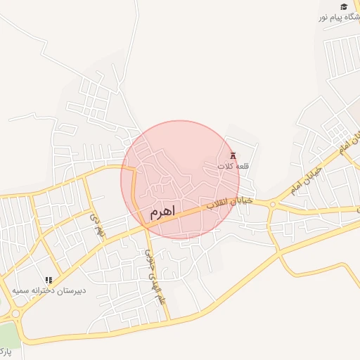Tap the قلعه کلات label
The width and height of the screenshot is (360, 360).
point(234,165)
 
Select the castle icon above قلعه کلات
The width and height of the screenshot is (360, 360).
point(234,155)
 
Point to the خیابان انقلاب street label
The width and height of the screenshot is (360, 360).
point(229,204)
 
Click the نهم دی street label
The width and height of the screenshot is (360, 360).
point(96,226)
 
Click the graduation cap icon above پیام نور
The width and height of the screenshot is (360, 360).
point(344,7)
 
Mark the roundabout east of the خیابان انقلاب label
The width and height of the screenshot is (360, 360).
point(273,205)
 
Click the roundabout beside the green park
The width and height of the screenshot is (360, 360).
point(15,314)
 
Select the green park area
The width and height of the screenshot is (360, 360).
point(6,334)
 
